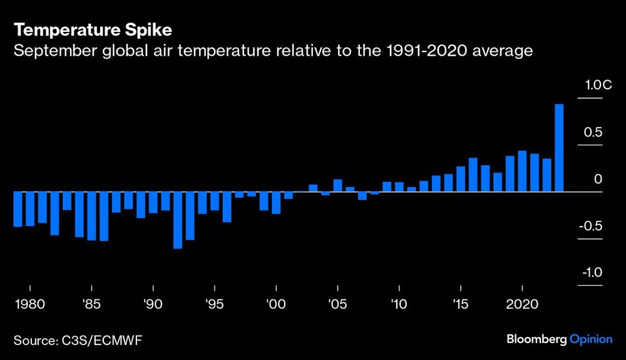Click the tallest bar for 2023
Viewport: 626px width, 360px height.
[559, 148]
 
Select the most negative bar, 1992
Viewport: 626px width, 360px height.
[178, 220]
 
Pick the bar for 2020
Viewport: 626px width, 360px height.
[521, 171]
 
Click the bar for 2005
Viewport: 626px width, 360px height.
[337, 185]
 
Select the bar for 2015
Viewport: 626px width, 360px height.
[461, 179]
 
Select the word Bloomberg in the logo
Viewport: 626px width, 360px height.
[536, 339]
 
